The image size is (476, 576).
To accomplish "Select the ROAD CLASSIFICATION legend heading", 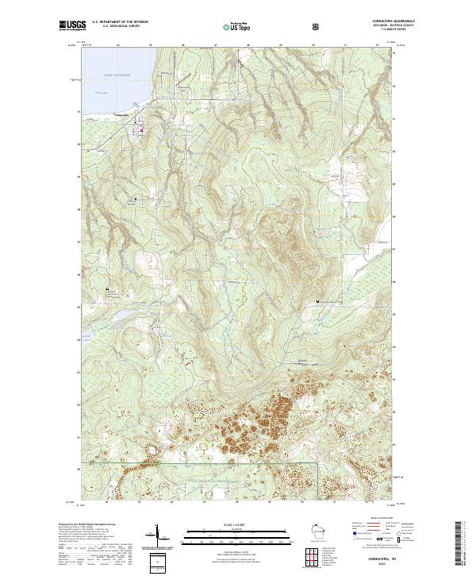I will click(x=372, y=517).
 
